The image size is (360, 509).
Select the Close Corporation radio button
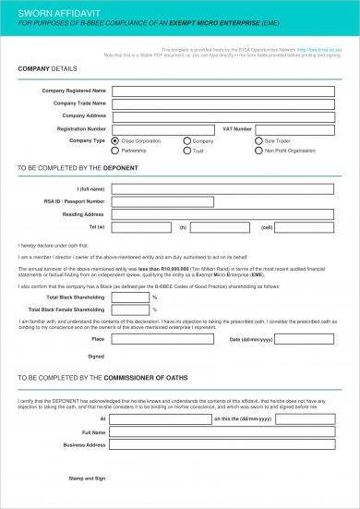[x=115, y=141]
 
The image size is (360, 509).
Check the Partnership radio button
[x=115, y=151]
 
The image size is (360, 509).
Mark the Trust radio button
[x=186, y=151]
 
